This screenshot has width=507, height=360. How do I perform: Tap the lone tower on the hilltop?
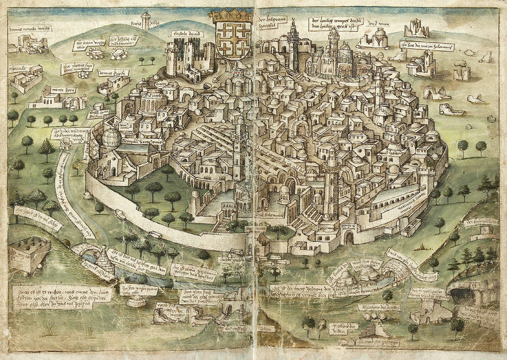click(146, 20)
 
